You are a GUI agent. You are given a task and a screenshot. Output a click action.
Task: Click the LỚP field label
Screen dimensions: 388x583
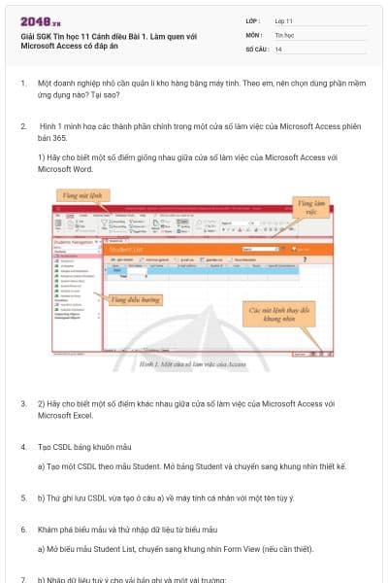coord(253,19)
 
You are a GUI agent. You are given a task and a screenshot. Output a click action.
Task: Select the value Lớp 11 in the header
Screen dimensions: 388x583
coord(283,19)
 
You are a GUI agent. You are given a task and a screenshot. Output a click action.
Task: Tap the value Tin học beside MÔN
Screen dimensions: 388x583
coord(285,34)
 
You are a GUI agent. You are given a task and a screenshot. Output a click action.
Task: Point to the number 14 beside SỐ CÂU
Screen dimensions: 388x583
coord(278,49)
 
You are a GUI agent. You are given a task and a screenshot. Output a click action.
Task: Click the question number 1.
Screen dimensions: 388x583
coord(23,84)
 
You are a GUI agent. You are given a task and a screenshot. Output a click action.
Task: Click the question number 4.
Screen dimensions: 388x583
coord(23,446)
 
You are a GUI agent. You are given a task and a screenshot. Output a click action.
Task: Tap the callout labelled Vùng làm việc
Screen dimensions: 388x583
coord(308,208)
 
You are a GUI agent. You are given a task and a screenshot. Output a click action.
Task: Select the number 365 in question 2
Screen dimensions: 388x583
coord(68,139)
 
